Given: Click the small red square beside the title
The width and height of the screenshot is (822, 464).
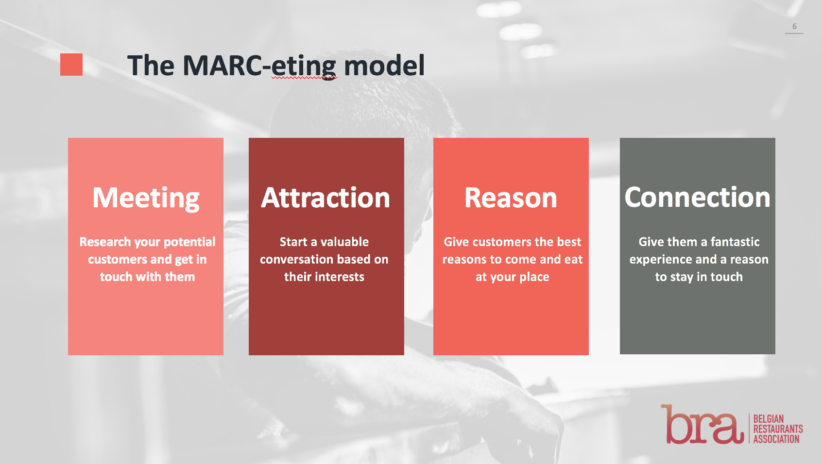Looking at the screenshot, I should (x=71, y=65).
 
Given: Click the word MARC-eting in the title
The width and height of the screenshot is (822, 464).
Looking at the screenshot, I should (x=259, y=66).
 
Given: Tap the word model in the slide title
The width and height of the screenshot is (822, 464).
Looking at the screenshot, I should (x=384, y=66).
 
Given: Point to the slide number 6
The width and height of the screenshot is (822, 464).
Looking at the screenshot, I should (x=794, y=27).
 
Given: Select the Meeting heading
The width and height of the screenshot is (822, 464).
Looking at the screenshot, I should (x=146, y=198).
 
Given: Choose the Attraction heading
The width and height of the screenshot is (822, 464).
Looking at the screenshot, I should (x=325, y=198).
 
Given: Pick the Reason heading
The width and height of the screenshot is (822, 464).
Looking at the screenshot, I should (x=511, y=198).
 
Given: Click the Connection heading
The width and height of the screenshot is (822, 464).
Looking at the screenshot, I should (x=697, y=198).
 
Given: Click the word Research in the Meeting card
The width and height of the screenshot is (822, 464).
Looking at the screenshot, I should (x=105, y=242).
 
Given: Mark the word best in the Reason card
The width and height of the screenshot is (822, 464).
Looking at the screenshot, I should (x=569, y=242).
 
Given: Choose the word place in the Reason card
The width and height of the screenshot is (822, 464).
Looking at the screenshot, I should (x=534, y=277).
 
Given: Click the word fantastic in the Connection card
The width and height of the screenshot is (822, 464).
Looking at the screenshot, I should (x=735, y=242).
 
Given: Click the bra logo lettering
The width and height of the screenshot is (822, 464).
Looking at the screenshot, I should (x=702, y=425).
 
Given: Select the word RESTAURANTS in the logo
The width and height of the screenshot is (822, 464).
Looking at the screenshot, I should (x=778, y=429).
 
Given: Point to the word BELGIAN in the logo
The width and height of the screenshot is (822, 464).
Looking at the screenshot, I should (x=768, y=419).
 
